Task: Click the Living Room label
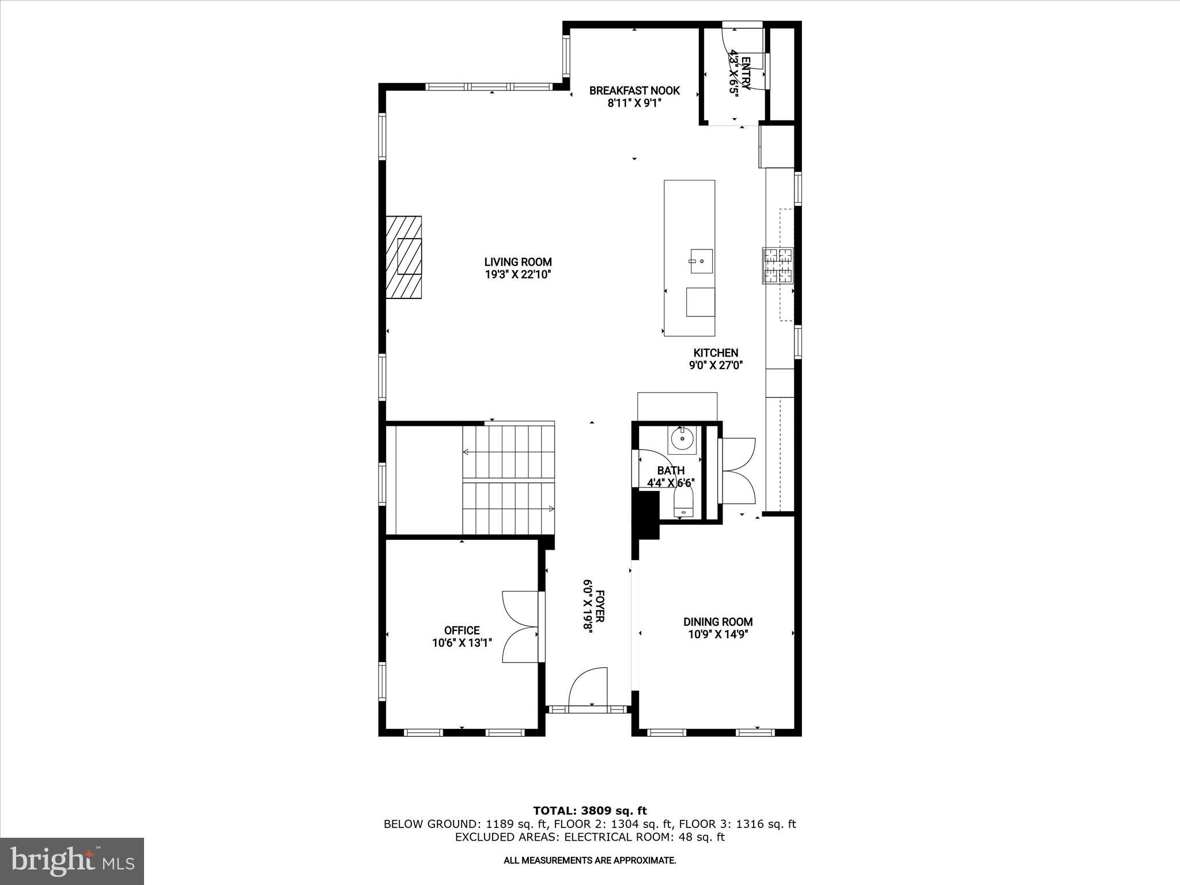pyautogui.click(x=518, y=262)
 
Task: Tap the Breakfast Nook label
pyautogui.click(x=634, y=90)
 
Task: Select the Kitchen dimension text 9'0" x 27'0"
pyautogui.click(x=716, y=365)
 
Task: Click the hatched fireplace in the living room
pyautogui.click(x=403, y=257)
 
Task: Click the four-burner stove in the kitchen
pyautogui.click(x=778, y=266)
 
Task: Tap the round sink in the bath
pyautogui.click(x=682, y=440)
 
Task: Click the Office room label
pyautogui.click(x=462, y=630)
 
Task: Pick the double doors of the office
pyautogui.click(x=520, y=626)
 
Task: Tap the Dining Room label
pyautogui.click(x=718, y=622)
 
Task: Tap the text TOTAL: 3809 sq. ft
pyautogui.click(x=589, y=811)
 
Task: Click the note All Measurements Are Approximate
pyautogui.click(x=589, y=860)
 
